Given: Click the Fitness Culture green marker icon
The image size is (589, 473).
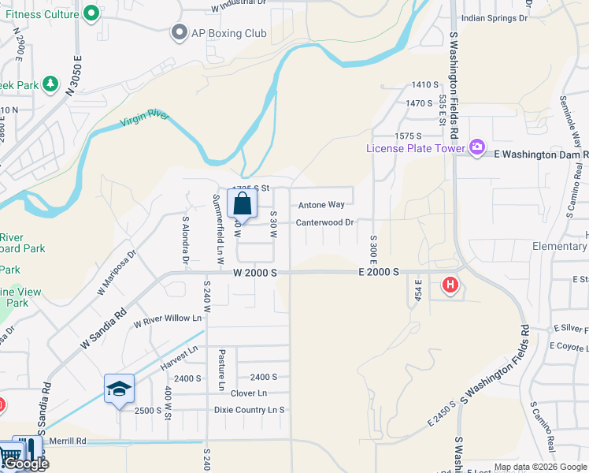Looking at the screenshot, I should click(91, 13).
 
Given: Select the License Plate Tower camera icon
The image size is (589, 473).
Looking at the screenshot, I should click(476, 147).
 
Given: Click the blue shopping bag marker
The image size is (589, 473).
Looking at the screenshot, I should click(243, 203).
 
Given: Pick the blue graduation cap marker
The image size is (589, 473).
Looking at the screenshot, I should click(119, 389).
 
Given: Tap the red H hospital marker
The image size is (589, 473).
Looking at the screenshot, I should click(450, 285).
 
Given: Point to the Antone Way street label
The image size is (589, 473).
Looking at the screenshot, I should click(321, 205).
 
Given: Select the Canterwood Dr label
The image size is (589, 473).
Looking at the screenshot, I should click(325, 222).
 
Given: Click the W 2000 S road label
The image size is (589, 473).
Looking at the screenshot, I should click(255, 272).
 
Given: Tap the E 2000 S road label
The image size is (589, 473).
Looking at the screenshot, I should click(379, 272).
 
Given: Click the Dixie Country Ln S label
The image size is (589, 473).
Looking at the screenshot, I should click(249, 410).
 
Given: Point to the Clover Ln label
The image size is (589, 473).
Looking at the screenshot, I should click(249, 393).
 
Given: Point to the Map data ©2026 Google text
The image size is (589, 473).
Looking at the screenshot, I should click(540, 467).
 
